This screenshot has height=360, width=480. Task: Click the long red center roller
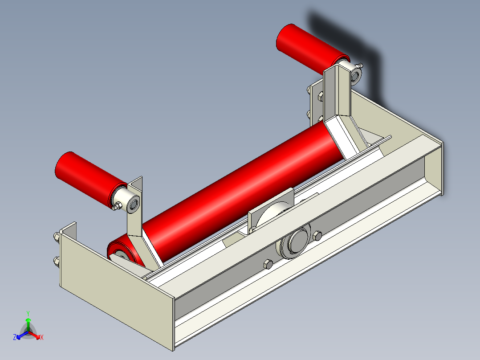point(240,187)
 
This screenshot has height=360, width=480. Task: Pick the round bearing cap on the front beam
point(295,243)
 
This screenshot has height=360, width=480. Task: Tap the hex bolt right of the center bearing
point(317,235)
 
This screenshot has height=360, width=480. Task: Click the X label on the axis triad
point(42,338)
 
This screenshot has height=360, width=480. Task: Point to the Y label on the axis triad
point(28,313)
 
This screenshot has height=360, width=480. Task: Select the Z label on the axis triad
point(14,338)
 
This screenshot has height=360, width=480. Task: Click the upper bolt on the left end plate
point(57,237)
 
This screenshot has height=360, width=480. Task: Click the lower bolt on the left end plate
point(57,261)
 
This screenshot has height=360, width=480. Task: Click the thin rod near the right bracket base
point(378,143)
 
